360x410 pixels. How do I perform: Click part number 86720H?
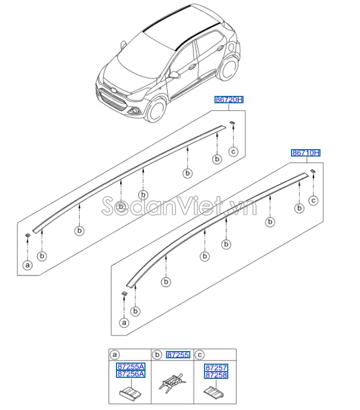(x=229, y=100)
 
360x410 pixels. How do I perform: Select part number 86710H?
(x=306, y=153)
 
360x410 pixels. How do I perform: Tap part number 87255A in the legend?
(x=130, y=366)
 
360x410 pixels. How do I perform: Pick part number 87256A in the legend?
(x=130, y=374)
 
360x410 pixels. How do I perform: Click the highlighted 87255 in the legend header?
(x=178, y=355)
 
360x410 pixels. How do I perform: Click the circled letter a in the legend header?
(x=114, y=355)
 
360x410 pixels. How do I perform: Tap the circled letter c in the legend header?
(x=200, y=355)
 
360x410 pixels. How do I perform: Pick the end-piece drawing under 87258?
(x=214, y=394)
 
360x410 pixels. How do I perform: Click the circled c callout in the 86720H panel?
(x=233, y=152)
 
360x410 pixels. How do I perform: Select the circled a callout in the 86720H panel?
(x=27, y=265)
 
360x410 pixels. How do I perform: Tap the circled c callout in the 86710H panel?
(x=313, y=200)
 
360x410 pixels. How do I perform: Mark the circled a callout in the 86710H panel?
(x=124, y=321)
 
